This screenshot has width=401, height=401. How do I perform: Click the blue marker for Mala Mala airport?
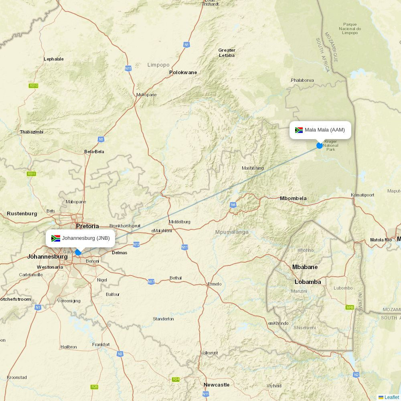click(320, 146)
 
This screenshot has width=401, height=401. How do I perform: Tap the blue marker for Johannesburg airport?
click(78, 253)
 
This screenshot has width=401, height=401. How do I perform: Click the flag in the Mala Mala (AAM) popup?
click(299, 130)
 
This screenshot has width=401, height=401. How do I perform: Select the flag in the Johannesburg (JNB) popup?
click(56, 238)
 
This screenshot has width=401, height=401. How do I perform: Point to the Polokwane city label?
click(183, 73)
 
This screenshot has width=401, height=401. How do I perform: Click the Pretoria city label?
click(87, 226)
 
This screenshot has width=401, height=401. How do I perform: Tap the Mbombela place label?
click(293, 198)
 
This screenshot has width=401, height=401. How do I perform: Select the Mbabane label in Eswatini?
click(305, 267)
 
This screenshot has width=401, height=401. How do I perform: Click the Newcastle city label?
click(217, 385)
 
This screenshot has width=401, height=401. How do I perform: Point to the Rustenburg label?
click(22, 214)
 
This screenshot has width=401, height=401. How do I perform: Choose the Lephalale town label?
click(54, 59)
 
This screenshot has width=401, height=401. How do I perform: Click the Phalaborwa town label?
click(302, 80)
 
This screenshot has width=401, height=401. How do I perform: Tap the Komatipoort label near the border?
click(363, 195)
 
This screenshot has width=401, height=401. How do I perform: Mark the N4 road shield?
click(233, 205)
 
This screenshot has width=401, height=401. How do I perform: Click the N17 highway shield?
click(151, 282)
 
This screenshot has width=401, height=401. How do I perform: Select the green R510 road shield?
click(34, 86)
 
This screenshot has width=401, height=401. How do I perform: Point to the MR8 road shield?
click(350, 308)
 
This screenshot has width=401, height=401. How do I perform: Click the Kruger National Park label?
click(331, 146)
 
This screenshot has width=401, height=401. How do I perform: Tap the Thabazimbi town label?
click(32, 132)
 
